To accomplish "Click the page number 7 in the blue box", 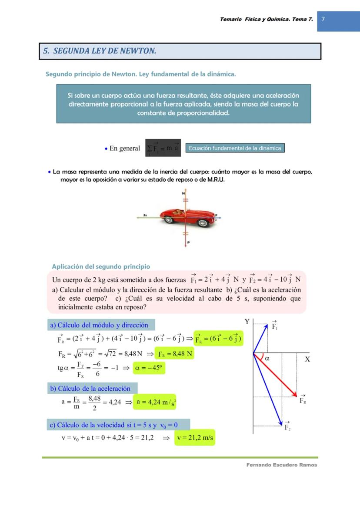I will coord(323,19).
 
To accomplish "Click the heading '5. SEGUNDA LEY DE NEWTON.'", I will coord(100,51).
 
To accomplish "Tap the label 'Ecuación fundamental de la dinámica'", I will coord(235,148).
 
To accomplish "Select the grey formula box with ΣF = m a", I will coord(163,148).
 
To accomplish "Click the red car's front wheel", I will coord(202,223).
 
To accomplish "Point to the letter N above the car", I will coord(183,193).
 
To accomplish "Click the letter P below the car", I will coord(188,242).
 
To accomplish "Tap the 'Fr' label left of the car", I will coord(145,215).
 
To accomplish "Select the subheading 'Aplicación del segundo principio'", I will coord(101,266).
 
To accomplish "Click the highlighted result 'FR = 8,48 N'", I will coord(175,354).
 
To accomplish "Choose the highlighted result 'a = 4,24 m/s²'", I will coord(155,402).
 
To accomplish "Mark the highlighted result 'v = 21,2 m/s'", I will coord(195,438).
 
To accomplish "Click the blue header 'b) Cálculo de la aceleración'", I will coord(92,388).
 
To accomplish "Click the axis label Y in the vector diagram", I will coord(247,322).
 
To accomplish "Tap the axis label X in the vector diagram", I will coord(307,359).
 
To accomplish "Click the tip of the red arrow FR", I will coord(297,396).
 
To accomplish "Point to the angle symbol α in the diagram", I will coord(267,359).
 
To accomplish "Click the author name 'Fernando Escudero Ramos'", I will coord(282,465).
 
